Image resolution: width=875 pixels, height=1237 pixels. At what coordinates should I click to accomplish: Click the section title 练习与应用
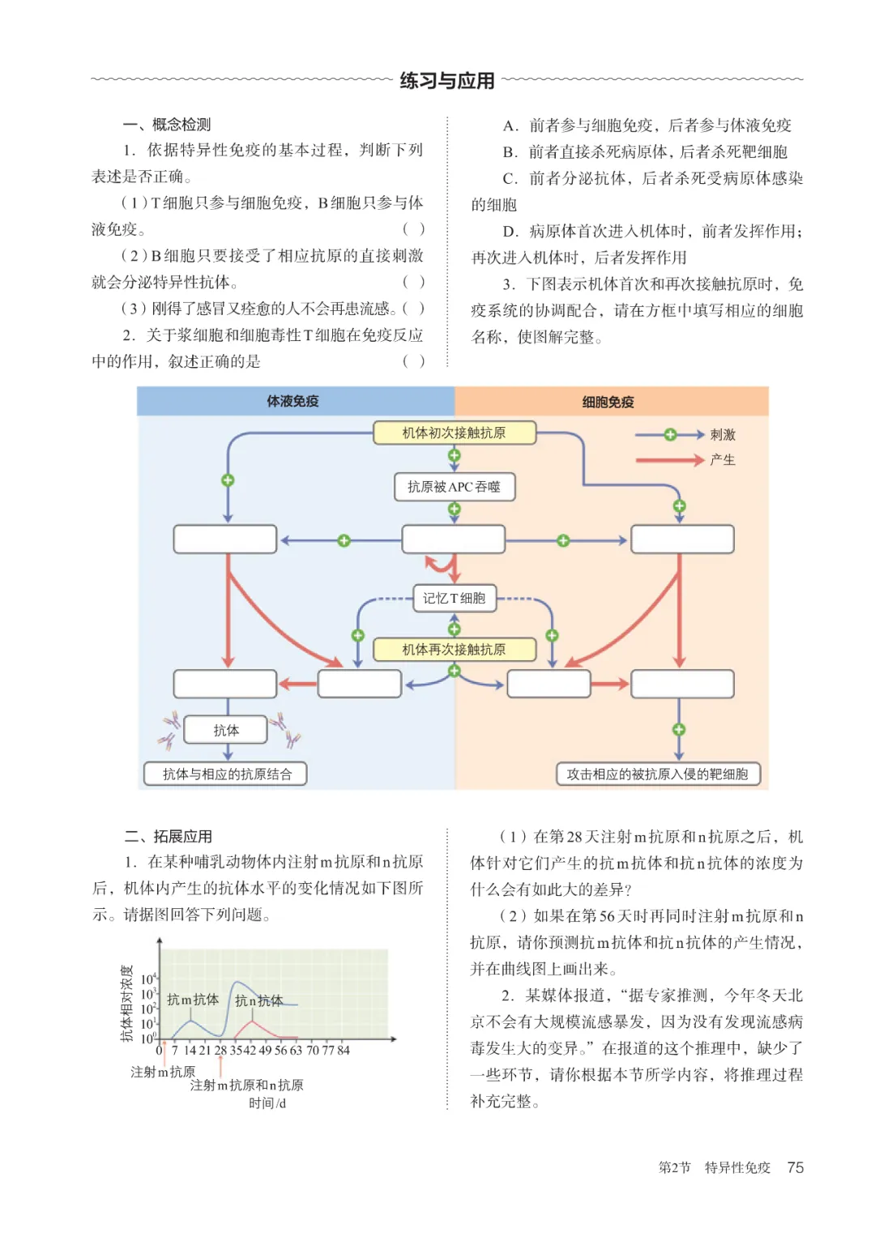(447, 81)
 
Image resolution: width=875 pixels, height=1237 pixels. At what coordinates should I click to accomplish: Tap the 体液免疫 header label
(292, 401)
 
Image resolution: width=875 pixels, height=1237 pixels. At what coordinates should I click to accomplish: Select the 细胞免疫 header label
(608, 402)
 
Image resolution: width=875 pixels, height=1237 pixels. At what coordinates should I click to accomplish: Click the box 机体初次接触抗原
(454, 433)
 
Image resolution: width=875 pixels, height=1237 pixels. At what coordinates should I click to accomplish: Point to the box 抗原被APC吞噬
(454, 487)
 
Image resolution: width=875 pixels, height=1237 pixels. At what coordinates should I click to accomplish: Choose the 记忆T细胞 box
(454, 598)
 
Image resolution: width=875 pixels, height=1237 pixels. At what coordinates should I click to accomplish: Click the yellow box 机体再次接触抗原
(454, 650)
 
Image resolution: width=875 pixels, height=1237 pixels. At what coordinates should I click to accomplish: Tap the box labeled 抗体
(226, 730)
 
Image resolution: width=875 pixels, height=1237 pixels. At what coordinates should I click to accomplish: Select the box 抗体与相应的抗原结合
(226, 774)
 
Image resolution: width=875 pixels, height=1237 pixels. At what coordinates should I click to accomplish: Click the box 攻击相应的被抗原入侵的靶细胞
(657, 774)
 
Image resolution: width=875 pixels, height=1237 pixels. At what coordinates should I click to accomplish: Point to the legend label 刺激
(723, 434)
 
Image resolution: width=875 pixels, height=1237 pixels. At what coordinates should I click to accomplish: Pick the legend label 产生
(723, 459)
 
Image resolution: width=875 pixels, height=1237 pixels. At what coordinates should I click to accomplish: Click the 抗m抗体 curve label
(193, 999)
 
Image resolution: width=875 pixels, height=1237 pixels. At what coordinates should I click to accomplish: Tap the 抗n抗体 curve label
(259, 1000)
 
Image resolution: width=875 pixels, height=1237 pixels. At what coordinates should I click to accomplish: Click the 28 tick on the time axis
(220, 1050)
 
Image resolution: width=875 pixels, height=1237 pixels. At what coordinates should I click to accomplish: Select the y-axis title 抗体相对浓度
(127, 1004)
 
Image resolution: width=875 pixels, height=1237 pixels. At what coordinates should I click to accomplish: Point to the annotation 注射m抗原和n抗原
(247, 1086)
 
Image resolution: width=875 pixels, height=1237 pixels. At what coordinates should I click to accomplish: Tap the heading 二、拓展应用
(168, 836)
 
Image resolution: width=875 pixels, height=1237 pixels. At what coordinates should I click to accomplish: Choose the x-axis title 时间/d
(267, 1103)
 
